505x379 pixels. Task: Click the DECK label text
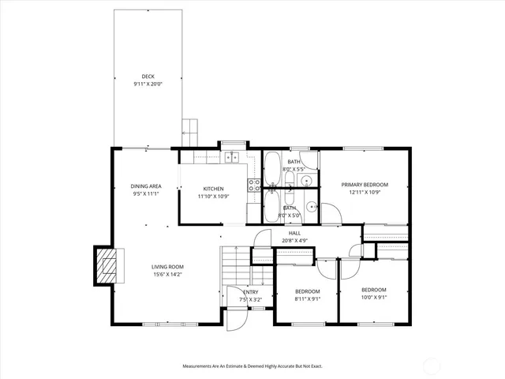(x=148, y=77)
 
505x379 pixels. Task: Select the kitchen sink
(x=232, y=157)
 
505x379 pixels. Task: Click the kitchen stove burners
(x=255, y=186)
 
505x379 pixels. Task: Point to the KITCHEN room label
(x=213, y=189)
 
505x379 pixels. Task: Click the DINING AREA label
(x=146, y=186)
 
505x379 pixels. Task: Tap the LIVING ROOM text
(x=167, y=267)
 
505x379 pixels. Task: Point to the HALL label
(x=294, y=233)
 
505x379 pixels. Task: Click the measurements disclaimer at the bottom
(x=252, y=366)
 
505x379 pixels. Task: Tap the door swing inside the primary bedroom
(x=330, y=214)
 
